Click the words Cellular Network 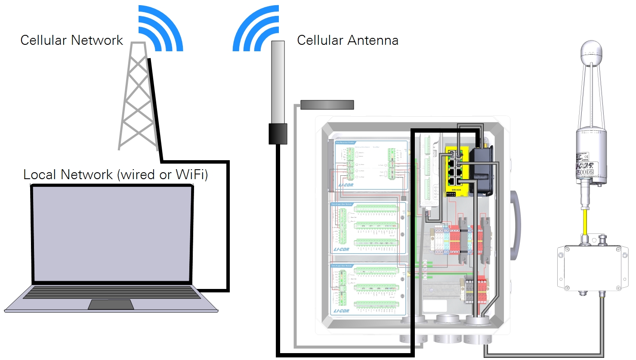[71, 40]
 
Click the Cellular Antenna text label [347, 40]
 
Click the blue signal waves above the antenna [256, 30]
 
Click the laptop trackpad [111, 304]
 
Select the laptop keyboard [112, 292]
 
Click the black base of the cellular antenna [278, 133]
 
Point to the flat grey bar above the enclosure [327, 105]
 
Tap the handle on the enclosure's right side [515, 224]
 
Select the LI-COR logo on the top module [346, 185]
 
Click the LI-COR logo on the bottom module [341, 310]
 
